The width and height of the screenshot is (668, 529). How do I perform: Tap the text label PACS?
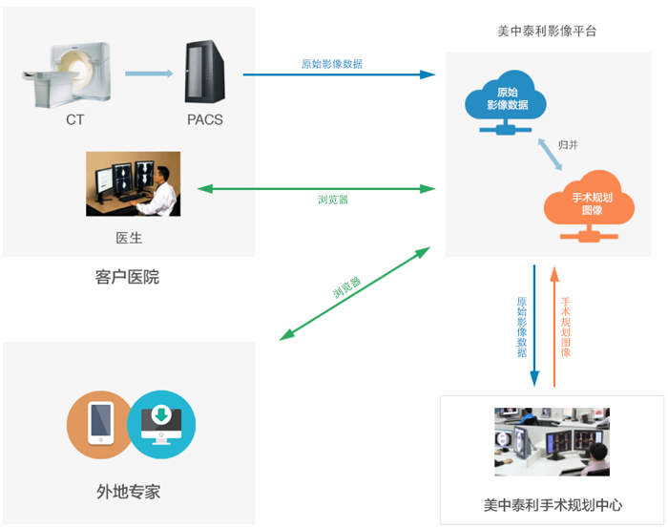pyautogui.click(x=205, y=120)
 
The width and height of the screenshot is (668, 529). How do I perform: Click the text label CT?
pyautogui.click(x=75, y=120)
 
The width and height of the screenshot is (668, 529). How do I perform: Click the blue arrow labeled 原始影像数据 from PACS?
pyautogui.click(x=339, y=74)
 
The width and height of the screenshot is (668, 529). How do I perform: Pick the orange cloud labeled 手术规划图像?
pyautogui.click(x=586, y=204)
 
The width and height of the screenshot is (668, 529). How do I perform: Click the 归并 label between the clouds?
pyautogui.click(x=569, y=145)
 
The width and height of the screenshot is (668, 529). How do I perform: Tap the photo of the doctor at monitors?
pyautogui.click(x=133, y=183)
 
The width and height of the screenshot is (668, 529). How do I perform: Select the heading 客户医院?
pyautogui.click(x=128, y=278)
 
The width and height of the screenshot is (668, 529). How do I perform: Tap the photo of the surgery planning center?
pyautogui.click(x=552, y=442)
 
